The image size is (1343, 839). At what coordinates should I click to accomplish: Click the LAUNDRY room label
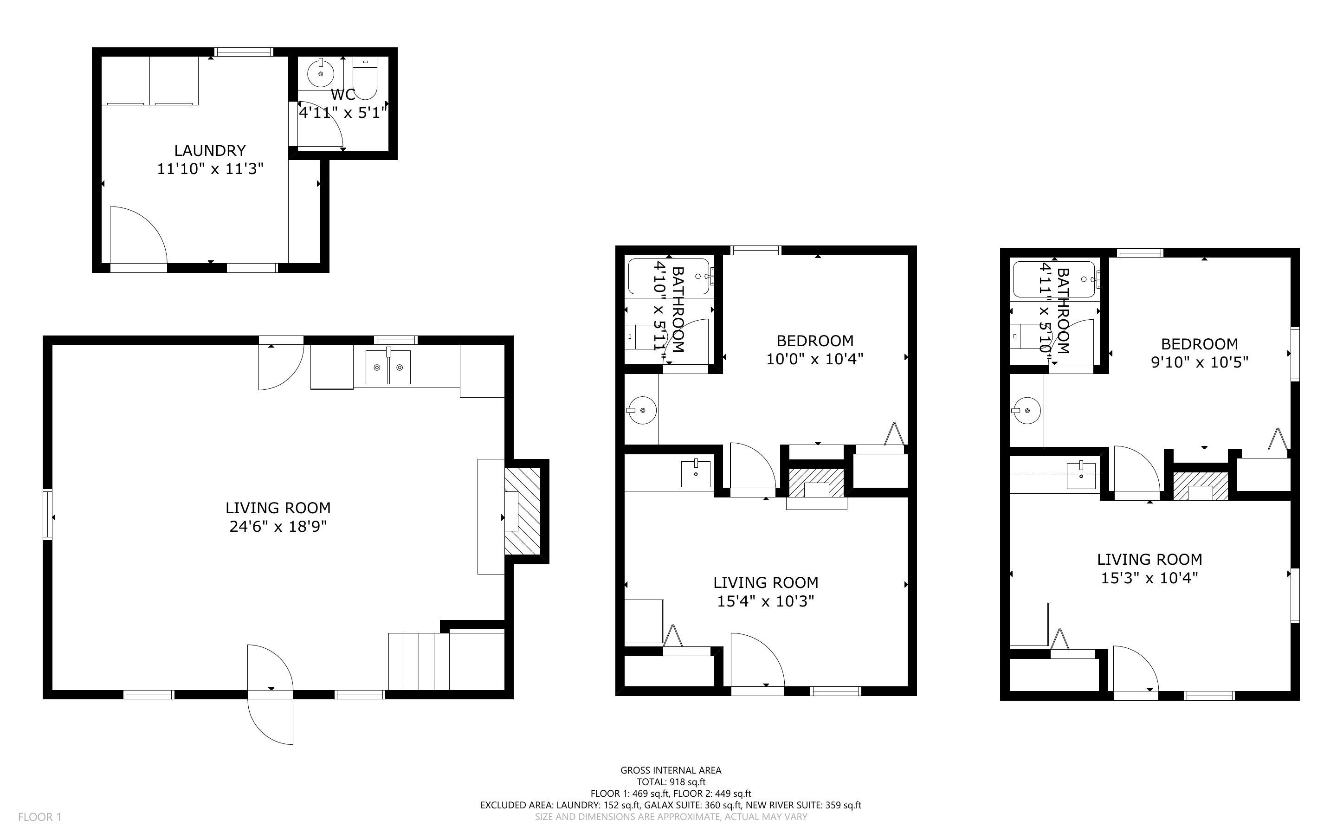[210, 150]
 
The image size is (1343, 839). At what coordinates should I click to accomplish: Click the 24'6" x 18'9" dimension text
[278, 526]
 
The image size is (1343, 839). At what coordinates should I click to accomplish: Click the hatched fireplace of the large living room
[522, 511]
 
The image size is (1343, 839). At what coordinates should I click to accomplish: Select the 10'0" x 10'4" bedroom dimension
[815, 359]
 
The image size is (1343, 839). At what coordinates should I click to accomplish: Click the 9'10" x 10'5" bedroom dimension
[1199, 362]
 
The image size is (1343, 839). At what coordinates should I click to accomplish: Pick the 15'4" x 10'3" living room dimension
[766, 601]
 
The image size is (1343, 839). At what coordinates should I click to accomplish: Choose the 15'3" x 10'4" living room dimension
[1149, 578]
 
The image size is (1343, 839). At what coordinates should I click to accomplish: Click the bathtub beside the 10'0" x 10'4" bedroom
[670, 276]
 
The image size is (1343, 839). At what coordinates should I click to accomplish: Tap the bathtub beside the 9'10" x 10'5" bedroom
[1054, 279]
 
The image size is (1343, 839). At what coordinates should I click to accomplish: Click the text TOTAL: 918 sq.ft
[671, 782]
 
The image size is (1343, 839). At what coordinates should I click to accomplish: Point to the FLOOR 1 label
[39, 817]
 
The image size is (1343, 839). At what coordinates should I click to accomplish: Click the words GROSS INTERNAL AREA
[671, 770]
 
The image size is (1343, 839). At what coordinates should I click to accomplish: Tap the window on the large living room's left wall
[48, 514]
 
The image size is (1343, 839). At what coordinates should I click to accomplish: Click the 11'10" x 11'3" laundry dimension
[210, 169]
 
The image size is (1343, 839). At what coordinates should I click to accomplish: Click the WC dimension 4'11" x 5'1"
[343, 113]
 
